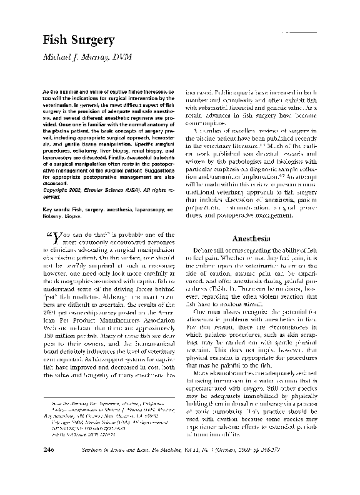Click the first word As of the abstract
coord(47,92)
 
